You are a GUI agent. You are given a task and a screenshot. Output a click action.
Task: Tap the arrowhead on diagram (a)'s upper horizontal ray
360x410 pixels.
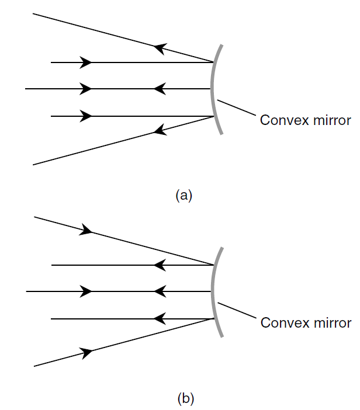pyautogui.click(x=86, y=62)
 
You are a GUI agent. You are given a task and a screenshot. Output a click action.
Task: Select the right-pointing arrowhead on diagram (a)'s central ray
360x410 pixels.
pyautogui.click(x=86, y=89)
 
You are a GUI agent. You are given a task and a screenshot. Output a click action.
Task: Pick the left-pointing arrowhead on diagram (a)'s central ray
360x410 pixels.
pyautogui.click(x=158, y=89)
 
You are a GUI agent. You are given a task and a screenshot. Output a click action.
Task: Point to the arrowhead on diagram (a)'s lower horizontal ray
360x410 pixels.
pyautogui.click(x=86, y=116)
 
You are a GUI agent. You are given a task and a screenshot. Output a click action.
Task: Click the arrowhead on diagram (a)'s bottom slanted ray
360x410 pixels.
pyautogui.click(x=158, y=130)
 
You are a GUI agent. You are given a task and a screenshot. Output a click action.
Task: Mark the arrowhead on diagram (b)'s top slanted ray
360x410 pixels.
pyautogui.click(x=86, y=230)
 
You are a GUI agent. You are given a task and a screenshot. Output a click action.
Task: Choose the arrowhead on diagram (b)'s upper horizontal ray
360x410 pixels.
pyautogui.click(x=158, y=265)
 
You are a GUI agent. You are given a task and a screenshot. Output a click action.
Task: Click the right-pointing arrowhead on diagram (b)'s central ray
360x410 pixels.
pyautogui.click(x=86, y=291)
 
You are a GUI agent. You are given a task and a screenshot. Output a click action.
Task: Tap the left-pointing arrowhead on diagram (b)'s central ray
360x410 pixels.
pyautogui.click(x=158, y=291)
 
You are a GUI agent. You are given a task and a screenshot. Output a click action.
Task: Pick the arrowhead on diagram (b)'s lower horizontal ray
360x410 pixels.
pyautogui.click(x=158, y=318)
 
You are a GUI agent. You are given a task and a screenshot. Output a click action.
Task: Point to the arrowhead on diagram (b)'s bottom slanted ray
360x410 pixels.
pyautogui.click(x=86, y=352)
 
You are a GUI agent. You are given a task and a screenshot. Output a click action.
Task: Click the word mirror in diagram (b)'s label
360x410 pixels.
pyautogui.click(x=331, y=323)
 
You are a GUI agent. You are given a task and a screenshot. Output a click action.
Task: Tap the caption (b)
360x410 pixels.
pyautogui.click(x=185, y=399)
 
